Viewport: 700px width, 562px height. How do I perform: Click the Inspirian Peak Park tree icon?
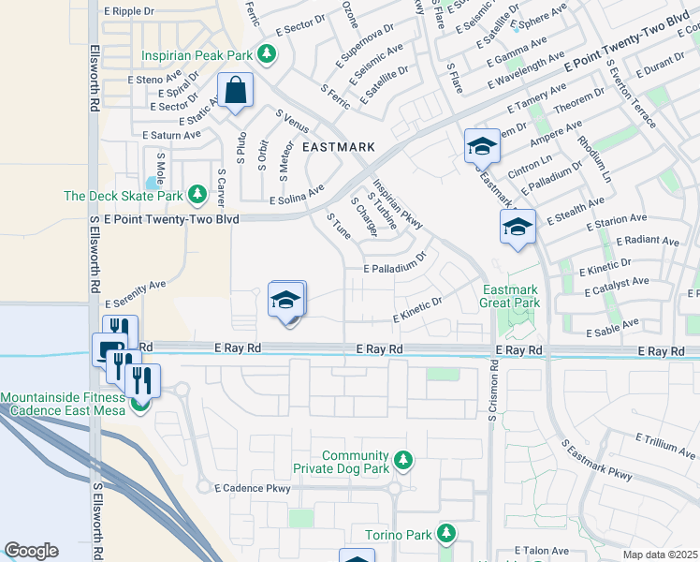point(269,52)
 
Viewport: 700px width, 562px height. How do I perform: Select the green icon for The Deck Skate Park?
point(197,195)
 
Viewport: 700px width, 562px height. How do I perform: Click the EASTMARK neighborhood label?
point(338,147)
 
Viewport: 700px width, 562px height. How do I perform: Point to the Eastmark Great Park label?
point(511,296)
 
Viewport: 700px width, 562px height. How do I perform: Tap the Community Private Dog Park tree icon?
point(402,460)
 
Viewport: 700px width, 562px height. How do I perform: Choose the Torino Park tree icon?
point(446,534)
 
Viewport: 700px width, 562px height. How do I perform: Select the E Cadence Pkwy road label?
point(253,488)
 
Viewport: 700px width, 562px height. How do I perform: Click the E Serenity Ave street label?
point(135,292)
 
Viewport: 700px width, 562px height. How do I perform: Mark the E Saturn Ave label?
point(172,135)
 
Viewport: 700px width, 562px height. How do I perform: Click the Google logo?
point(31,551)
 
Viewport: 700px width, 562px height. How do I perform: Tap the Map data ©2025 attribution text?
point(660,555)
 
